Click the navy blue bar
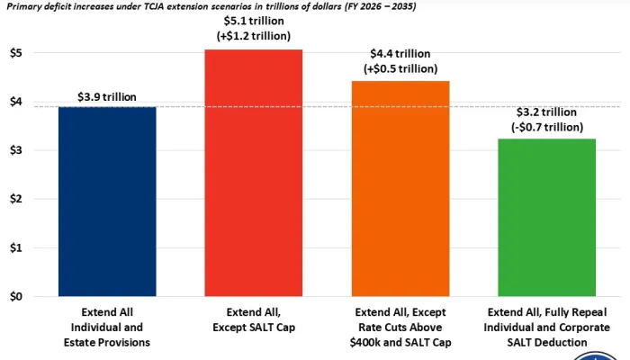click(x=107, y=202)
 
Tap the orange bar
click(x=400, y=188)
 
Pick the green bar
click(x=545, y=217)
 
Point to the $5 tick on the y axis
click(x=17, y=52)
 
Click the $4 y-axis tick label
click(x=17, y=101)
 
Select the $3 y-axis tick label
click(x=17, y=149)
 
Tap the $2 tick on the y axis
click(x=17, y=198)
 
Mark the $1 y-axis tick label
click(x=17, y=247)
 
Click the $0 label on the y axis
click(x=17, y=296)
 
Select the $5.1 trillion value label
click(x=254, y=21)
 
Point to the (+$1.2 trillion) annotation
click(x=254, y=36)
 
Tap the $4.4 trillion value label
click(x=400, y=54)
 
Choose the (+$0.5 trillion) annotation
click(x=400, y=69)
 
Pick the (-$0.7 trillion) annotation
click(x=545, y=126)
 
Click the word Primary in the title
click(x=24, y=5)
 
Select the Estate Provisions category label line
click(x=107, y=341)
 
